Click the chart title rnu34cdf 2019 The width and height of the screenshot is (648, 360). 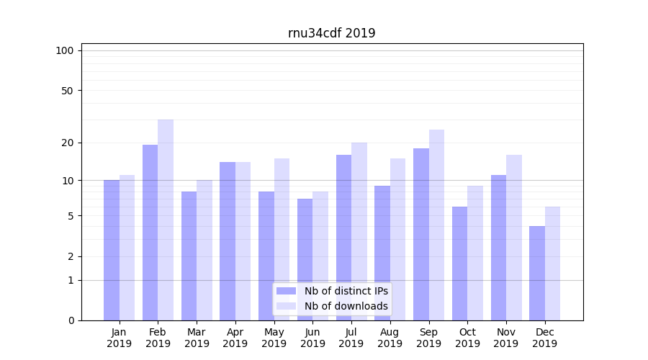coord(331,33)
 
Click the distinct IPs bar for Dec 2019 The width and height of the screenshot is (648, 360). coord(537,273)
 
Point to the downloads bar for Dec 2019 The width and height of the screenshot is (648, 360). coord(552,264)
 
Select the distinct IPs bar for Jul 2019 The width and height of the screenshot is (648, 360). coord(343,238)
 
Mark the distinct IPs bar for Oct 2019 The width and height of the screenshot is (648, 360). coord(459,264)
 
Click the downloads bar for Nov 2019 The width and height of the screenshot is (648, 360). coord(513,238)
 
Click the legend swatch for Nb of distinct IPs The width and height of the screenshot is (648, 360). coord(287,291)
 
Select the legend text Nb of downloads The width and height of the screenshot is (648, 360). coord(346,306)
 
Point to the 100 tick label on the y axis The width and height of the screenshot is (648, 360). coord(65,50)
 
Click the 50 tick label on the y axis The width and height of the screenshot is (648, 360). coord(68,91)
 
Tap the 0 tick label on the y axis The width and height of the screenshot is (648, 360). coord(71,320)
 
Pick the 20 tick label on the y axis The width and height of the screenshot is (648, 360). coord(68,143)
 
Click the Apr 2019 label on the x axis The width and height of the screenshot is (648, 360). coord(235,338)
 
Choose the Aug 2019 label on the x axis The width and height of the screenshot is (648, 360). coord(390,338)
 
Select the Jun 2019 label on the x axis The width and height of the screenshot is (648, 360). coord(312,338)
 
